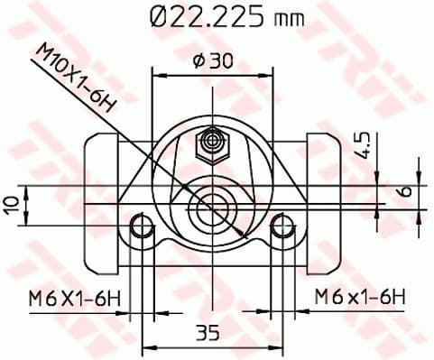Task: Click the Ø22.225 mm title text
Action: tap(226, 17)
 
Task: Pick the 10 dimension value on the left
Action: tap(12, 204)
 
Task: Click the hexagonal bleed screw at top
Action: tap(214, 141)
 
